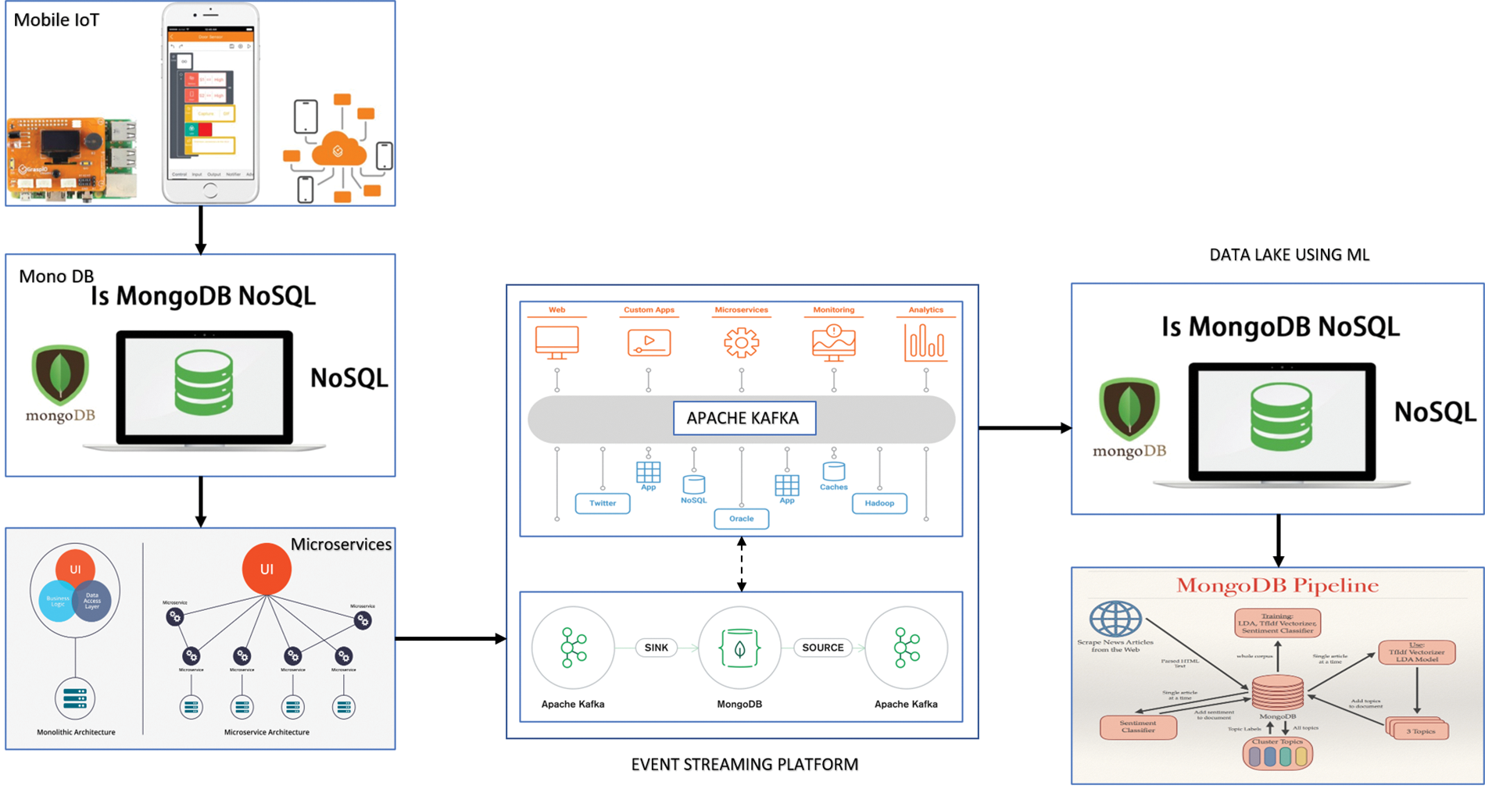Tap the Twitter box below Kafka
603,503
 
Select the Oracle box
741,519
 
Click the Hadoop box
879,503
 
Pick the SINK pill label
657,648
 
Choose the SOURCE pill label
822,648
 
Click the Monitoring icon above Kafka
834,343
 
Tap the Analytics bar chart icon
925,343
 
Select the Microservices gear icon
741,343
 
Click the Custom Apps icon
649,343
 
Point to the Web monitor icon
557,342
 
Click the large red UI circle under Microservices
267,569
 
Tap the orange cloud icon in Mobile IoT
338,150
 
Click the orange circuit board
70,156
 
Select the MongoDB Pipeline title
1277,586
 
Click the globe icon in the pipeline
1115,619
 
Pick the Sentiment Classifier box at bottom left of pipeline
1138,727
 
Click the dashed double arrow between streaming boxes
742,564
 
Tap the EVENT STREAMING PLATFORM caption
744,765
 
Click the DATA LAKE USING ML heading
1289,255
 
